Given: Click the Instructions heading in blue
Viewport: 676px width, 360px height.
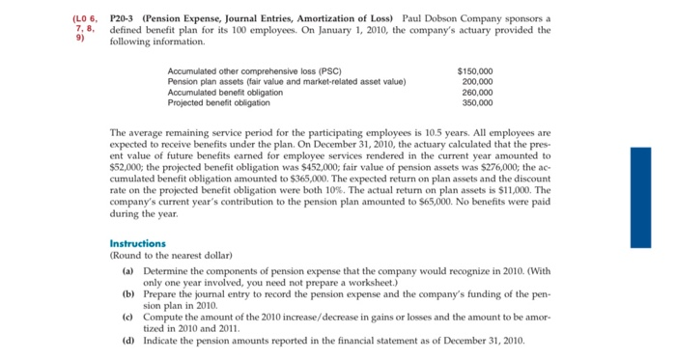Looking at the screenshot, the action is (x=138, y=243).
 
